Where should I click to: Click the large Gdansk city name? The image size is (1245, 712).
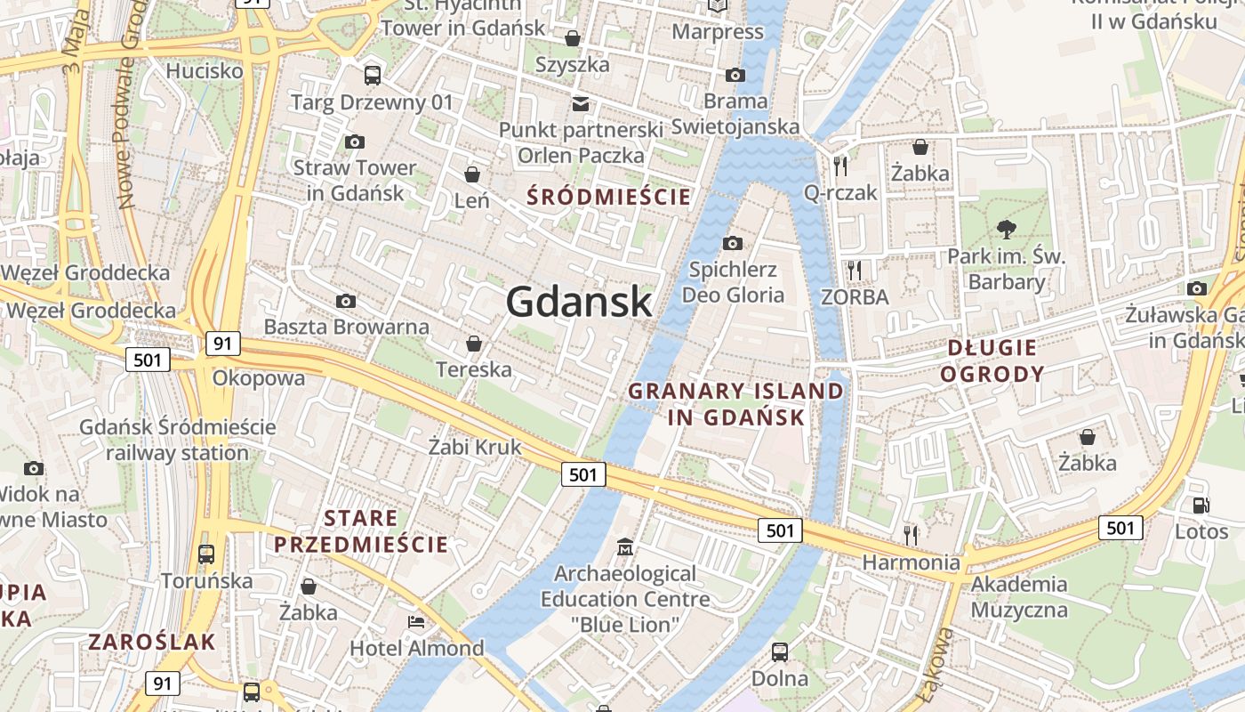tap(579, 303)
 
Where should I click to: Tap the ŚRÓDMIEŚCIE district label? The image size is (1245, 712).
tap(609, 197)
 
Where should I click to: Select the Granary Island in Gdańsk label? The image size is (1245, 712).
tap(736, 404)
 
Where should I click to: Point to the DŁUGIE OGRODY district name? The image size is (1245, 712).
tap(992, 360)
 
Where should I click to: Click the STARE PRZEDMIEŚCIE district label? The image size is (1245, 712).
tap(361, 531)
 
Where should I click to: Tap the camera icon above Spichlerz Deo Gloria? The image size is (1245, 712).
tap(733, 243)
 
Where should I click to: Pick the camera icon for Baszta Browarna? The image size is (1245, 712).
tap(346, 302)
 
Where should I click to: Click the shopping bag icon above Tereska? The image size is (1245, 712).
tap(474, 344)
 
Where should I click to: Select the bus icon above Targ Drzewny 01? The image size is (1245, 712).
tap(373, 76)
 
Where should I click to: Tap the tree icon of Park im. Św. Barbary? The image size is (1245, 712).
tap(1007, 230)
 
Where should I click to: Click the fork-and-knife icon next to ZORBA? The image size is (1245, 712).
tap(855, 270)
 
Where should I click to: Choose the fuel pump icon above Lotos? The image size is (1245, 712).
tap(1201, 506)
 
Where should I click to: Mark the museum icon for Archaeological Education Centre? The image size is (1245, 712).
tap(625, 546)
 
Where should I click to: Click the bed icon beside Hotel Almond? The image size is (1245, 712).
tap(415, 621)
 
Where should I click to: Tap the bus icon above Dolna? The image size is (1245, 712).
tap(780, 651)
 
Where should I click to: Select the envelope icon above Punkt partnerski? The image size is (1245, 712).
tap(581, 104)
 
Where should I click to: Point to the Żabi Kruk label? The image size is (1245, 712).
tap(475, 447)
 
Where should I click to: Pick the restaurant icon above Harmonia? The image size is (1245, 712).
tap(911, 535)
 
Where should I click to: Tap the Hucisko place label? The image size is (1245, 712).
tap(205, 70)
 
